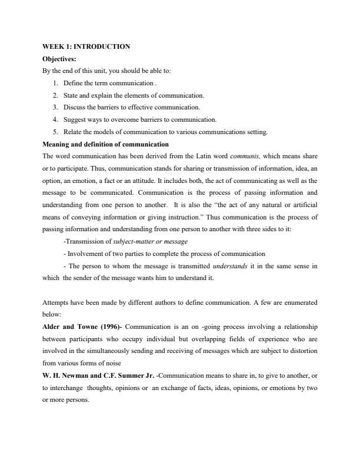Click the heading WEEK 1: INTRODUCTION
click(86, 46)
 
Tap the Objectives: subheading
click(59, 59)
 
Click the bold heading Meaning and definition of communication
click(106, 144)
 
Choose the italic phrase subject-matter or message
click(148, 241)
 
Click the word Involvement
click(86, 254)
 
